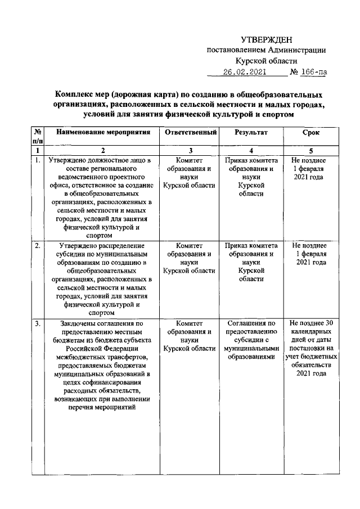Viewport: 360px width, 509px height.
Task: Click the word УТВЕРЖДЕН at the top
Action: click(x=266, y=39)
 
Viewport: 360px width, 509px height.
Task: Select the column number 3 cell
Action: click(x=188, y=151)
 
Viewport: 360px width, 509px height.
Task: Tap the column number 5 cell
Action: click(x=310, y=151)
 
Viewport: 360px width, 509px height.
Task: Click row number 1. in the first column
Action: click(x=37, y=160)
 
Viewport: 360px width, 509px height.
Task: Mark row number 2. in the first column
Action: click(x=37, y=246)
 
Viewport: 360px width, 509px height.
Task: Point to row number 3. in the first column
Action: click(x=37, y=323)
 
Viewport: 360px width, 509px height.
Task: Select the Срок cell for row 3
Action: click(x=310, y=348)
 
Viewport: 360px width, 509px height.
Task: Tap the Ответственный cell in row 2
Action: click(x=188, y=258)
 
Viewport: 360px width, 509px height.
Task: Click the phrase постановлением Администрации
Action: click(x=266, y=50)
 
